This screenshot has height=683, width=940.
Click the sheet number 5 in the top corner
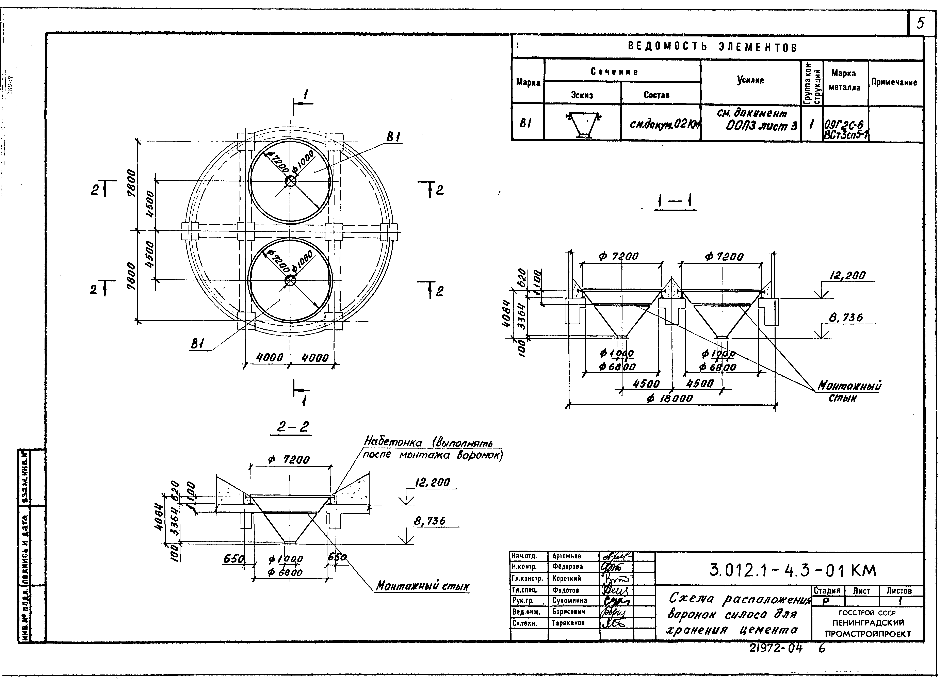click(x=920, y=23)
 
